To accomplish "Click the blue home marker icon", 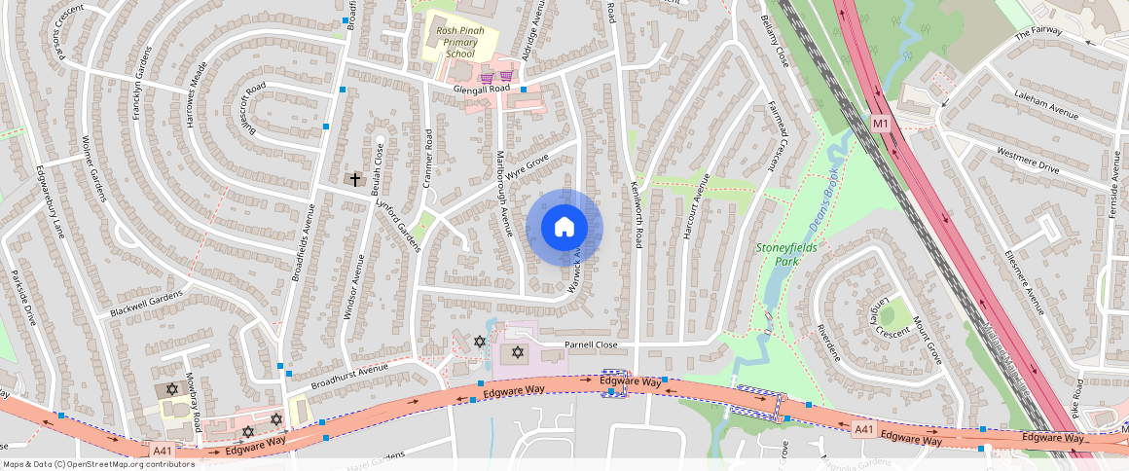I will (x=564, y=228).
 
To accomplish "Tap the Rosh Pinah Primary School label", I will (x=460, y=42).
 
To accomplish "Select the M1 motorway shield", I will (x=880, y=124).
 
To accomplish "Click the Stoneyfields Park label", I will (x=787, y=254).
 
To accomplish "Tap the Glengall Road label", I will (x=482, y=89).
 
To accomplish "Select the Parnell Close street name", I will (x=591, y=344).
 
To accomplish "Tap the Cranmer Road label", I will (x=427, y=155).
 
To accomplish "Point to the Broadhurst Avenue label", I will (x=349, y=373).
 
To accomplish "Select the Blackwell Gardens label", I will (x=146, y=304).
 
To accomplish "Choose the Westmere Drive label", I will (x=1028, y=160).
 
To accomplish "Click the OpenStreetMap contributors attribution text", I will (x=98, y=464).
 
